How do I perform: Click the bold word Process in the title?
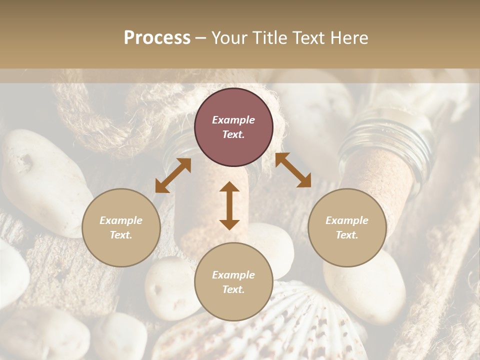157,38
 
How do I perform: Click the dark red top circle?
233,127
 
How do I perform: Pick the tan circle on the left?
121,228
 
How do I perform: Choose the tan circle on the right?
347,228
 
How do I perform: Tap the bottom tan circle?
233,282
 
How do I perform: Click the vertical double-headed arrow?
229,205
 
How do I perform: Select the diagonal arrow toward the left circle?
173,175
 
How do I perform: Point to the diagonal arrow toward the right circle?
293,170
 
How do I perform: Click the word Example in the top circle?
233,120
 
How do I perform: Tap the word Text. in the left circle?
121,235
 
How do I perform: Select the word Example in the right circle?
347,220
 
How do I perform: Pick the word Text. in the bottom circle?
233,289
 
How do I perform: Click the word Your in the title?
230,38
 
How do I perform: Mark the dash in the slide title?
201,38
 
